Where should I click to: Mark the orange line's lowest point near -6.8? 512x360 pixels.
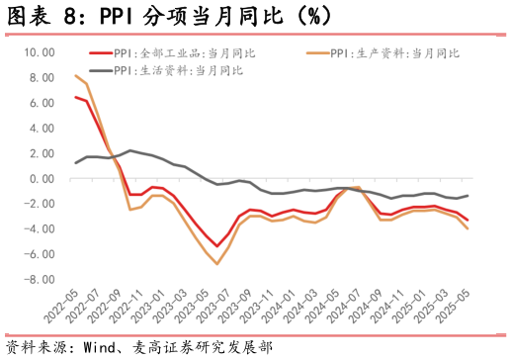click(217, 264)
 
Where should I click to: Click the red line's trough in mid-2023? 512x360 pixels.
click(217, 246)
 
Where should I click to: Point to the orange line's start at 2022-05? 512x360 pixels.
click(75, 75)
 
